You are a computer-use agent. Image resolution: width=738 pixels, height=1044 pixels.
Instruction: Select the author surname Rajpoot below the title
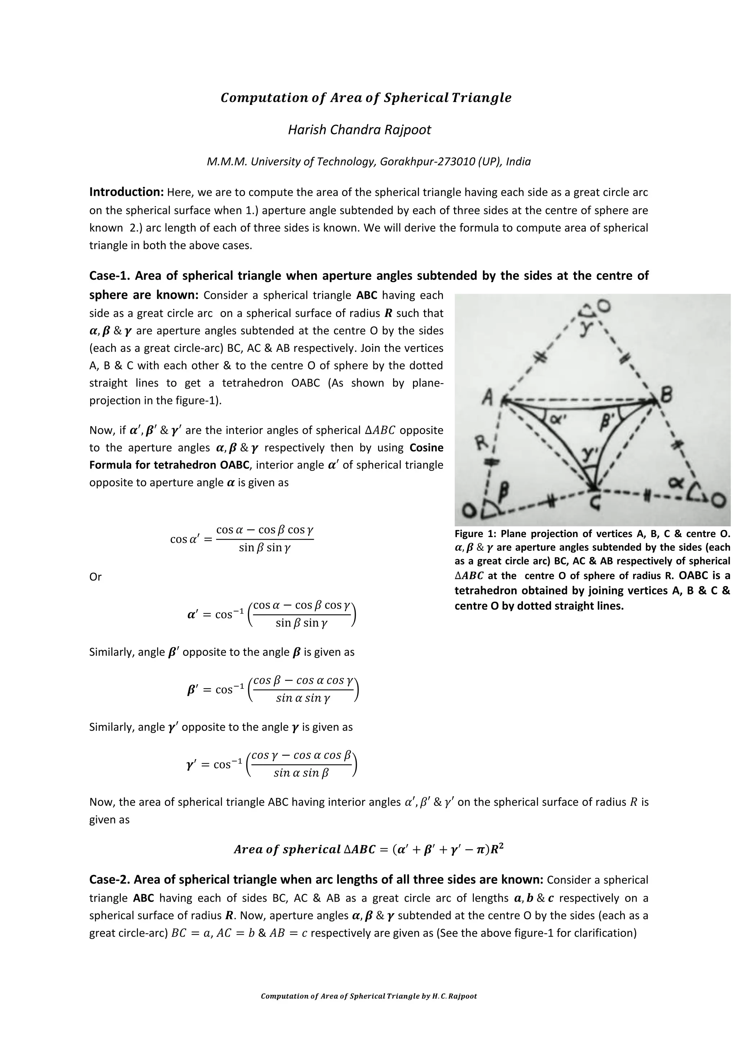coord(407,130)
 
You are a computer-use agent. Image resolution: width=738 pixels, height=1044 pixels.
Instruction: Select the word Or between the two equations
coord(95,576)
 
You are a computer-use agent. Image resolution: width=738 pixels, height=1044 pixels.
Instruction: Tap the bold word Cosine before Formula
coord(426,447)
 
